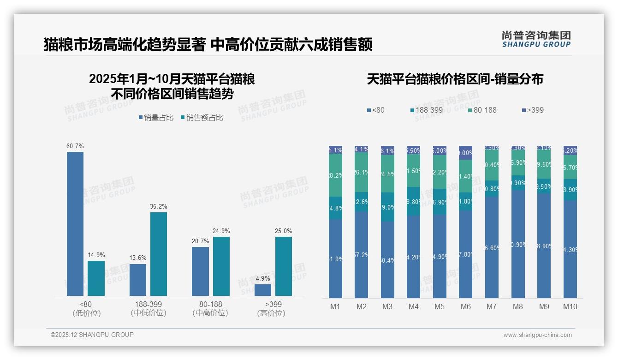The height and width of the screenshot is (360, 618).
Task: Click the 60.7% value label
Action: (75, 146)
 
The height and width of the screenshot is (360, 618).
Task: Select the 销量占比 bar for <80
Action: (75, 224)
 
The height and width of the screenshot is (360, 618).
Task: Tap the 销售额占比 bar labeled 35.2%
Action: (159, 254)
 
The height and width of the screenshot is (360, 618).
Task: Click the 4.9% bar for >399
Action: (263, 290)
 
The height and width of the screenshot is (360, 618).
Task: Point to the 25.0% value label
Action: (284, 231)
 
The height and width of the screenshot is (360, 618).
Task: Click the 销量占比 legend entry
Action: (156, 118)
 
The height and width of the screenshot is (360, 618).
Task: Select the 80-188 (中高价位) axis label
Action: (210, 309)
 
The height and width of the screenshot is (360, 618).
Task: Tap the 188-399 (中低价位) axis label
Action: (149, 309)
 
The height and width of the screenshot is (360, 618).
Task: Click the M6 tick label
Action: (466, 306)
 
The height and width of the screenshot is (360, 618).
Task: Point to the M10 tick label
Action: (570, 306)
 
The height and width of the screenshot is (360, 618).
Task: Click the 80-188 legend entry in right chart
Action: (482, 110)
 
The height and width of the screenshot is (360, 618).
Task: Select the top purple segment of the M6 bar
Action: (466, 153)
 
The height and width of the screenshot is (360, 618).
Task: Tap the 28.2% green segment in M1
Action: (335, 175)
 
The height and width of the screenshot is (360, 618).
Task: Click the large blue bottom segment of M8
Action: (518, 244)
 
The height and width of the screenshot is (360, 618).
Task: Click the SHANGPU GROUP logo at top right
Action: (536, 39)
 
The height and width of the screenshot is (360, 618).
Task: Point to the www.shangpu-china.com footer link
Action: (537, 335)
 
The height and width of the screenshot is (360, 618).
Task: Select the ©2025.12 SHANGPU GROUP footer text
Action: (92, 335)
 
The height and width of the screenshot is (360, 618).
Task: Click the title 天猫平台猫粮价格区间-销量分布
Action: (455, 79)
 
